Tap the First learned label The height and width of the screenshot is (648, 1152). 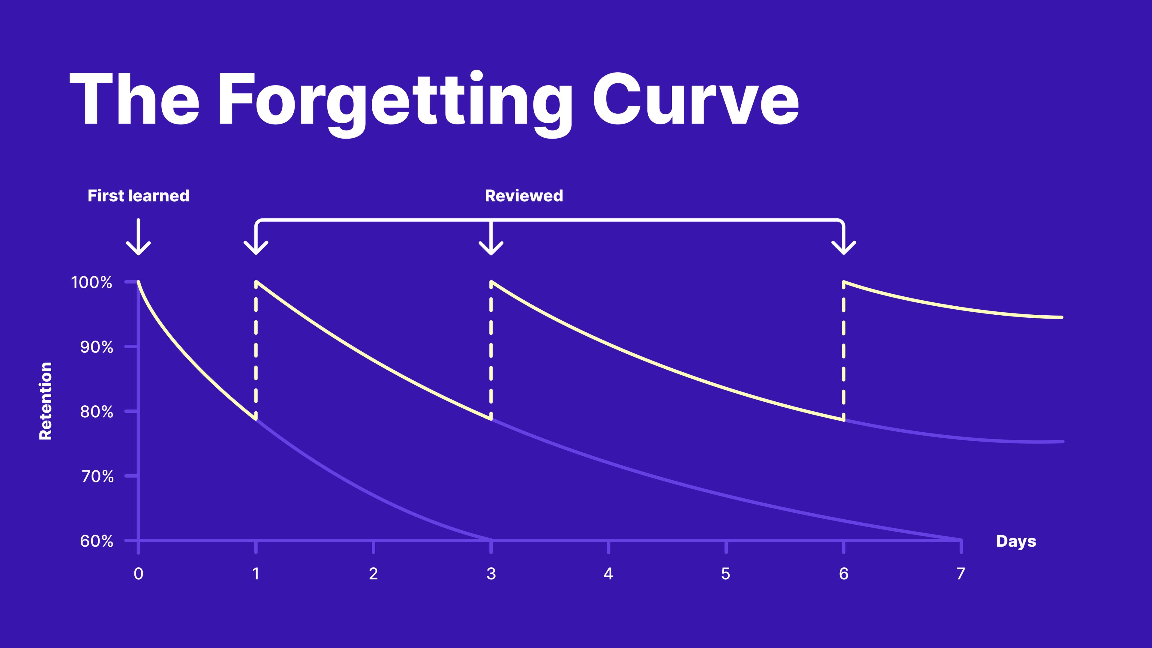point(139,196)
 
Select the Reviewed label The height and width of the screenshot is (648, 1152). point(524,196)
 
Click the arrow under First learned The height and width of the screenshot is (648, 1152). point(139,237)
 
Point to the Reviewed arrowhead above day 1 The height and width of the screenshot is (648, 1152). point(256,247)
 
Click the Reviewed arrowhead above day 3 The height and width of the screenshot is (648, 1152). point(491,247)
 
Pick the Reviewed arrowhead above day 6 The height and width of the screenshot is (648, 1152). point(843,247)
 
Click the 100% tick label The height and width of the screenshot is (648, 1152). point(92,282)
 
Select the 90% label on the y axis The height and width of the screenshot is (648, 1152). point(97,347)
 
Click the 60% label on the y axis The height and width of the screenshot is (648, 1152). point(97,541)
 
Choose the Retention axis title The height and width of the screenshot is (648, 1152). point(46,401)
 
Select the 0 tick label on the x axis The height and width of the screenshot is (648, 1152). point(139,574)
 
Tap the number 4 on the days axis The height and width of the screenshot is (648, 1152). point(608,574)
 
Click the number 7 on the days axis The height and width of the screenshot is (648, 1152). point(961,574)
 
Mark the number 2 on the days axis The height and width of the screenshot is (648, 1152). point(373,574)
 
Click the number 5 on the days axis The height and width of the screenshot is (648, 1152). point(726,574)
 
